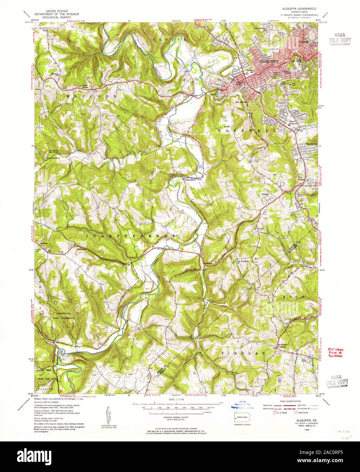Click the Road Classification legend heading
pos(290,401)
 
